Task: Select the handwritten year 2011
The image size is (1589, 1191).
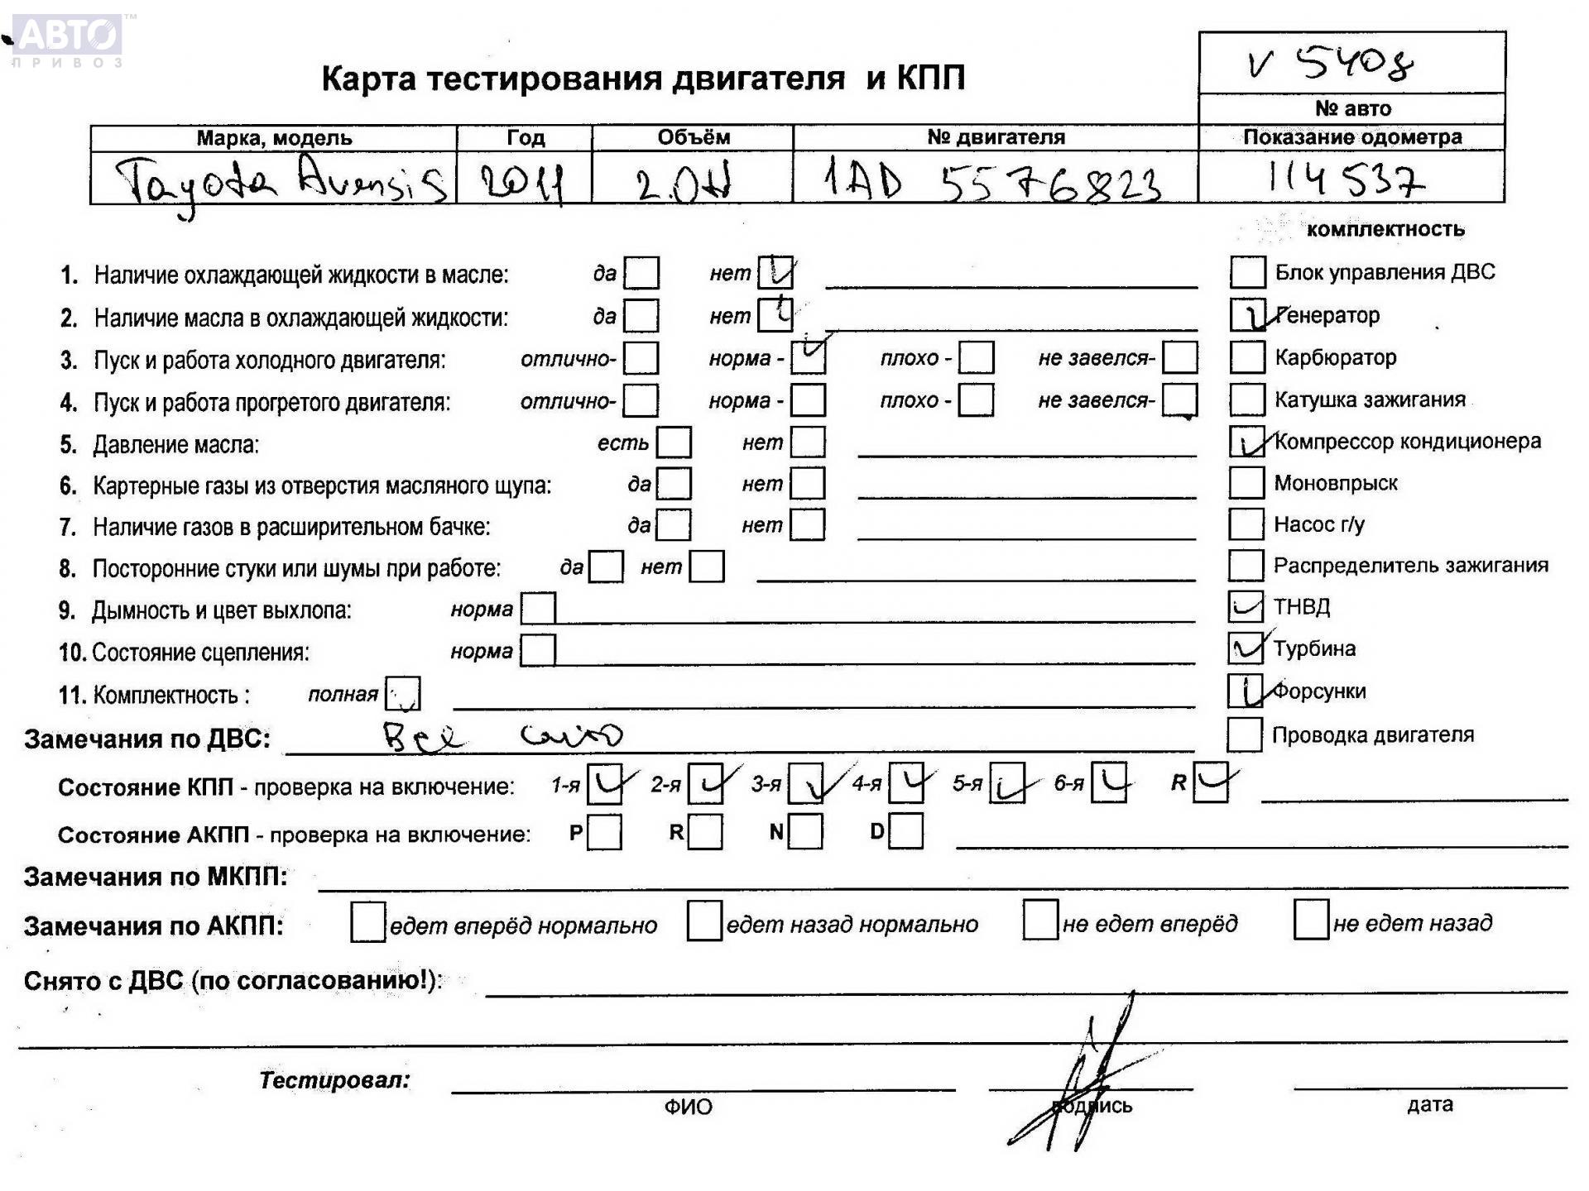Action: [x=523, y=183]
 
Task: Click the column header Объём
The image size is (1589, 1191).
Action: [x=693, y=137]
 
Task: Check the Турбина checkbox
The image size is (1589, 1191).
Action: [x=1246, y=648]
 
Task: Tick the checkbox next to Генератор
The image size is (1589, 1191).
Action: [x=1247, y=315]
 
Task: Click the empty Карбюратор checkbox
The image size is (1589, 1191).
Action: [x=1247, y=357]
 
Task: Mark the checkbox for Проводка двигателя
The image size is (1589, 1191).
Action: [x=1244, y=734]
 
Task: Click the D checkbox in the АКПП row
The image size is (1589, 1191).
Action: [x=906, y=831]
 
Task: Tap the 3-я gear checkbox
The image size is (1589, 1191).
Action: [x=805, y=783]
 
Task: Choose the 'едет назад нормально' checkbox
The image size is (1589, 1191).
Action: [x=703, y=921]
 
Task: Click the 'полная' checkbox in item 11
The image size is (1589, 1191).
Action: [x=403, y=694]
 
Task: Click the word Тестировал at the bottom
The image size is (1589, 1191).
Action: [x=334, y=1079]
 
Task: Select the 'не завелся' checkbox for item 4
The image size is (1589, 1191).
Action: [x=1179, y=400]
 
